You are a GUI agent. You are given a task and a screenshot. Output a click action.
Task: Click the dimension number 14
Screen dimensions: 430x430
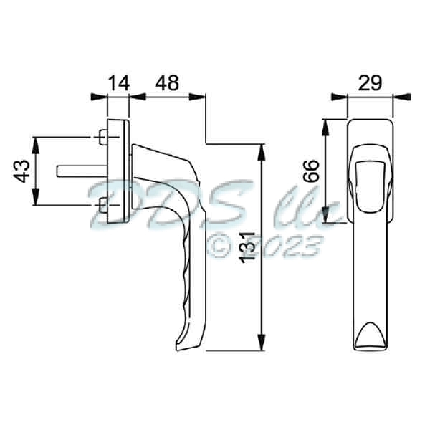coord(118,84)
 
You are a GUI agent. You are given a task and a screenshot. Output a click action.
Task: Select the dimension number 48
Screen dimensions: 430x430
coord(167,84)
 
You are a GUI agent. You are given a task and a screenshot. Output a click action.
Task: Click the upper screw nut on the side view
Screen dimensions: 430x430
coord(102,136)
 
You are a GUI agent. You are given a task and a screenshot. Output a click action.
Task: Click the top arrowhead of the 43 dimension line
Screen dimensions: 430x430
coord(36,141)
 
